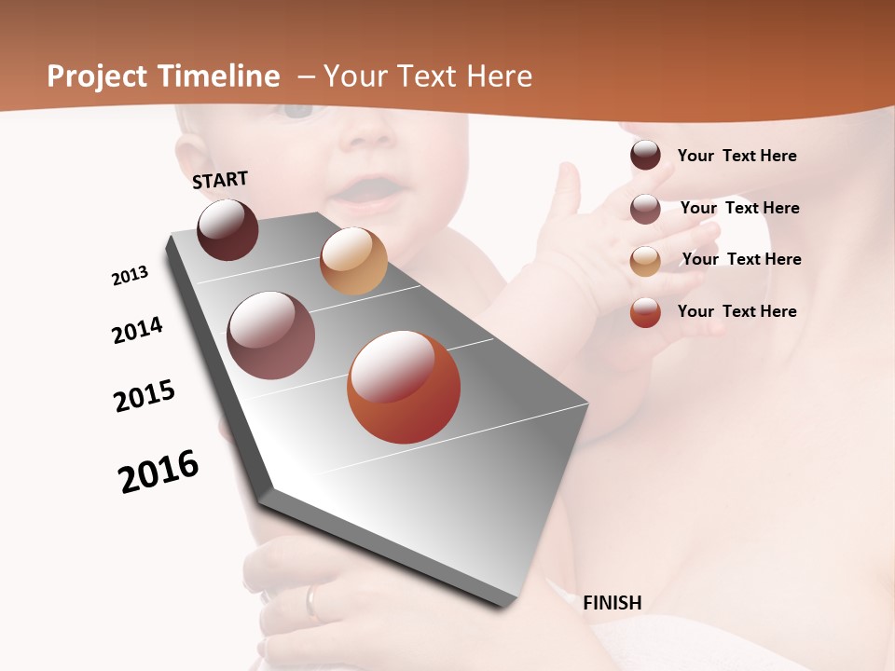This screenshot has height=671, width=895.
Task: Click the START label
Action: coord(220,180)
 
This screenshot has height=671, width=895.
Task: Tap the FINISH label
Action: coord(613,603)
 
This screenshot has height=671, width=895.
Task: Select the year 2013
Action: coord(130,276)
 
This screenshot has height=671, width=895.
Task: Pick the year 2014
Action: coord(138,330)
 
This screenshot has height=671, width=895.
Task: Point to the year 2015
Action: coord(145,396)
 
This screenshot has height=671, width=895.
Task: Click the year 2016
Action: coord(158,472)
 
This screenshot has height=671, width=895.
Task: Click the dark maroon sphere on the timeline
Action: coord(227,230)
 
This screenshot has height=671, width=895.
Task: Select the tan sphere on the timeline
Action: coord(353,261)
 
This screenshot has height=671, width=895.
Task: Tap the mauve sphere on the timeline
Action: coord(271,335)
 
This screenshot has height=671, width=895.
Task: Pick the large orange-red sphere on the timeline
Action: coord(404,387)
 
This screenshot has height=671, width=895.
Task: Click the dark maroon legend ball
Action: coord(645,156)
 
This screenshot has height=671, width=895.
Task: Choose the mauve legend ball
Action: coord(645,209)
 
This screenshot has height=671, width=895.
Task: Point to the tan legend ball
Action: coord(645,261)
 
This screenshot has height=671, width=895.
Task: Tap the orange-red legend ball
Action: coord(645,312)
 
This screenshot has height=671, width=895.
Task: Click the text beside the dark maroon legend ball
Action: coord(737,156)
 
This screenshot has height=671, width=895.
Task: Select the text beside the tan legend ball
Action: coord(741,259)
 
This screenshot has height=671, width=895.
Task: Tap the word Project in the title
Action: coord(96,76)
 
